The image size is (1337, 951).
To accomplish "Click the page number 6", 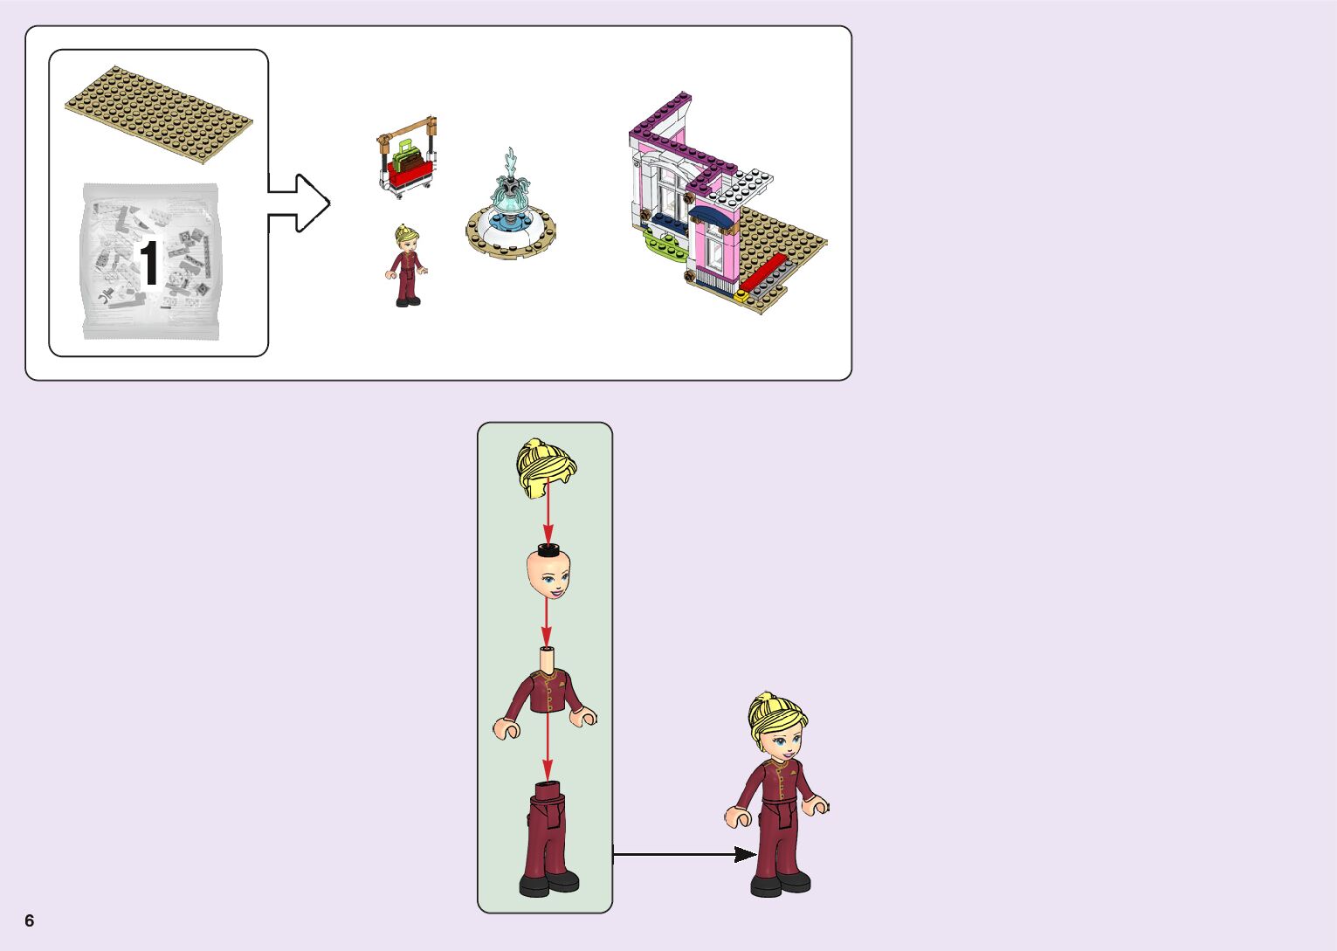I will point(30,920).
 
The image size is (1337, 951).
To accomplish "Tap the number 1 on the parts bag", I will point(149,263).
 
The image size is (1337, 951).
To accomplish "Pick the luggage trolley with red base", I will point(407,158).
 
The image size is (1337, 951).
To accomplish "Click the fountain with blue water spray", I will point(511,210).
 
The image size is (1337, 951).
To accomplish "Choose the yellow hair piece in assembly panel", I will point(546,467).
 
